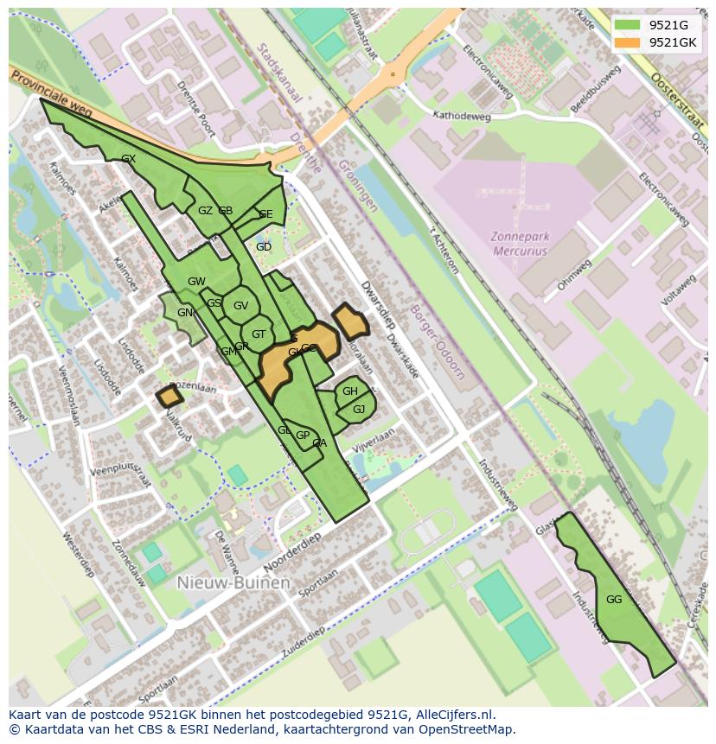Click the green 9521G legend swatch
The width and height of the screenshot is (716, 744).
[627, 25]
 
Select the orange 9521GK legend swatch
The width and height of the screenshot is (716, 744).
[627, 42]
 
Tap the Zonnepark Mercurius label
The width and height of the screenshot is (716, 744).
[520, 243]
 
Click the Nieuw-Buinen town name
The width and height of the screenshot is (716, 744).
[233, 583]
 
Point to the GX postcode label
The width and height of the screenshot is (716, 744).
[129, 159]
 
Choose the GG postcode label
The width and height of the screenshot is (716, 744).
[614, 600]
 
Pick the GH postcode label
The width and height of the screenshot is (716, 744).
[349, 391]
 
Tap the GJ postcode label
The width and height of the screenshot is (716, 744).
[359, 409]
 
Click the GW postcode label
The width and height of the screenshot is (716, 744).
[196, 282]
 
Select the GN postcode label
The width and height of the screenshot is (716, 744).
[185, 313]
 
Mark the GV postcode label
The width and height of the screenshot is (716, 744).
[240, 305]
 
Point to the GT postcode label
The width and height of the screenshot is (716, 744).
[259, 334]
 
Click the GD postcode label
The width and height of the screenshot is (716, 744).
[264, 247]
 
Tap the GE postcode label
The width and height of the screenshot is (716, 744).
[265, 214]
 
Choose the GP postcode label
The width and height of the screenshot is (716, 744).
[303, 436]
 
